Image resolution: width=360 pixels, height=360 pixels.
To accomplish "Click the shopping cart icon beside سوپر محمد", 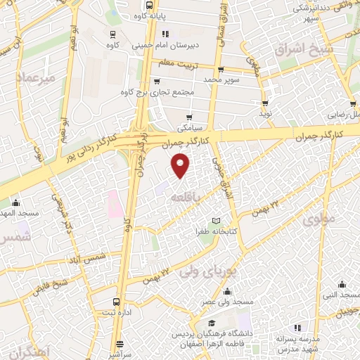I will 221,69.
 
